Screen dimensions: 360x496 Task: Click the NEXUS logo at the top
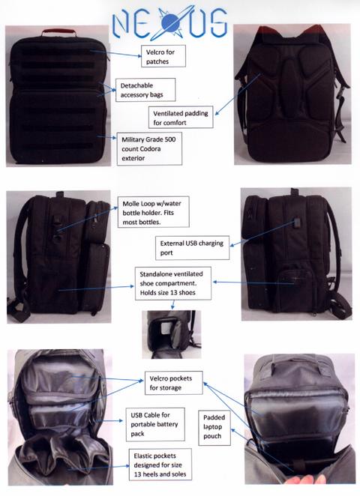(x=170, y=23)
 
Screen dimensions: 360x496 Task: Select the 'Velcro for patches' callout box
(x=163, y=56)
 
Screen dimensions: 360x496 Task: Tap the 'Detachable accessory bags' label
(x=145, y=90)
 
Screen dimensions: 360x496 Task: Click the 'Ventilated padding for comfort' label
(x=181, y=117)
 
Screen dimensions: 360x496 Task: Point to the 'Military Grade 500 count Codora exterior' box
(x=149, y=148)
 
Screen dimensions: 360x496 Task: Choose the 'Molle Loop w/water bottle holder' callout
(x=154, y=212)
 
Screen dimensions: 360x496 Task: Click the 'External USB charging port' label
(x=192, y=248)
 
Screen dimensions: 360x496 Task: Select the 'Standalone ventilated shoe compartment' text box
(x=173, y=283)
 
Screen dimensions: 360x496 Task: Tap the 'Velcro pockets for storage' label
(x=174, y=383)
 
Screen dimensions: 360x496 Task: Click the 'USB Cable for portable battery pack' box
(x=155, y=424)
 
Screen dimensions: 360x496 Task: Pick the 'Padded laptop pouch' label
(x=214, y=427)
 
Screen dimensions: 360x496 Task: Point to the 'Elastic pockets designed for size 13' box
(x=160, y=465)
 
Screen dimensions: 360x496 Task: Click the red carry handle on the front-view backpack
(x=59, y=32)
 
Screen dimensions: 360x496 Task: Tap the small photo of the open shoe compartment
(x=172, y=334)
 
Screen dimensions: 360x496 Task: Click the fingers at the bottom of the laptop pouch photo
(x=306, y=480)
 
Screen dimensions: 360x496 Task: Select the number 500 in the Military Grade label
(x=169, y=139)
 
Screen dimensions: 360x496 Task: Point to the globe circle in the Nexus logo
(x=171, y=23)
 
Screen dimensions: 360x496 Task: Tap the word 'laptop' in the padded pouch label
(x=212, y=427)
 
